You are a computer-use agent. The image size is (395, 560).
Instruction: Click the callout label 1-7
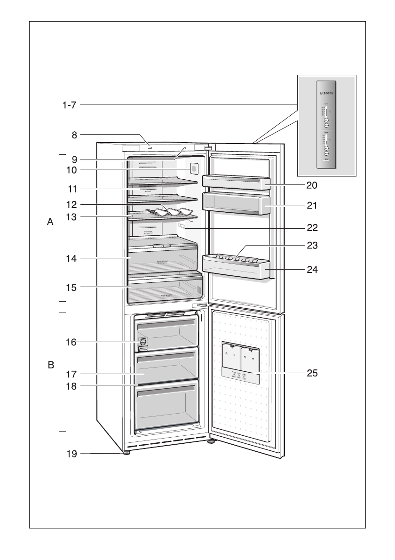pyautogui.click(x=69, y=105)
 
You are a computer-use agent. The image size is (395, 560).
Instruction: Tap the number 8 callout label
pyautogui.click(x=74, y=135)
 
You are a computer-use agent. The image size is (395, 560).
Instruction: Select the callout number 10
pyautogui.click(x=71, y=169)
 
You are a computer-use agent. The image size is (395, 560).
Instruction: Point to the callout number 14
pyautogui.click(x=71, y=258)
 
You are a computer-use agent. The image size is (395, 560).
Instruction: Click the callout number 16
pyautogui.click(x=71, y=342)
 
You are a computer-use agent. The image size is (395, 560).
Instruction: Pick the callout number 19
pyautogui.click(x=71, y=454)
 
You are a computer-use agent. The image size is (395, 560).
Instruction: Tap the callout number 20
pyautogui.click(x=312, y=185)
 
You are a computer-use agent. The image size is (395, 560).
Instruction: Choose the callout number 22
pyautogui.click(x=312, y=228)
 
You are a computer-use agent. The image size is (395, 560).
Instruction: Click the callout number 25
pyautogui.click(x=312, y=373)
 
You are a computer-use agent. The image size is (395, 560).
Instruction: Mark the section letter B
pyautogui.click(x=50, y=365)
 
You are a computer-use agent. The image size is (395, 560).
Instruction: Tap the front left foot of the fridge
pyautogui.click(x=126, y=453)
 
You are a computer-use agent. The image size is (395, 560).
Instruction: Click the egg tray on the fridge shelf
pyautogui.click(x=170, y=211)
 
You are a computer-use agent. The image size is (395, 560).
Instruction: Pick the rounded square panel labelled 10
pyautogui.click(x=192, y=168)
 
